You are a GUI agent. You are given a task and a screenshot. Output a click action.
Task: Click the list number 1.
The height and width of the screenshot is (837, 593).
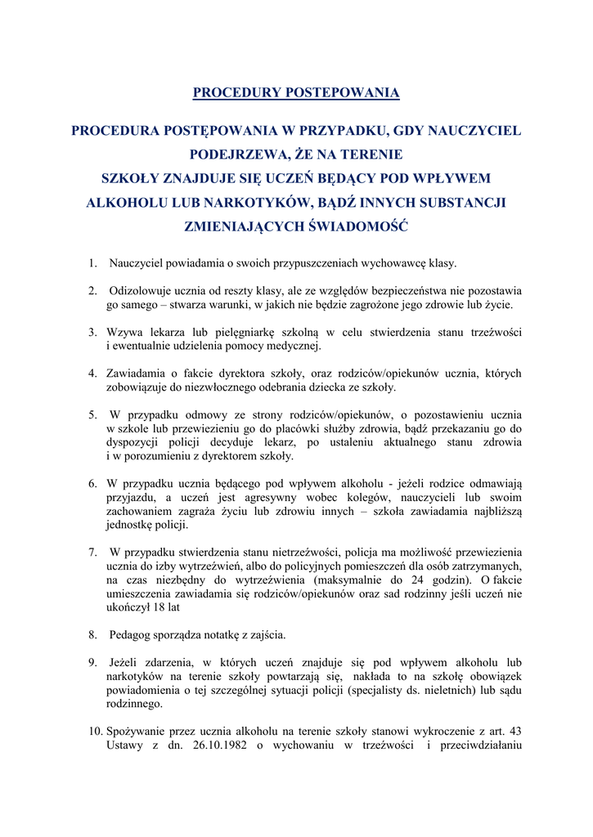pyautogui.click(x=92, y=263)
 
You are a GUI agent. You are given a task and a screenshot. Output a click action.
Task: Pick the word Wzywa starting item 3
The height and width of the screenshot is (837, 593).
pyautogui.click(x=124, y=332)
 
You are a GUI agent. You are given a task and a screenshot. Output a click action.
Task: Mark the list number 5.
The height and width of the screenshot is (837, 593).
pyautogui.click(x=92, y=414)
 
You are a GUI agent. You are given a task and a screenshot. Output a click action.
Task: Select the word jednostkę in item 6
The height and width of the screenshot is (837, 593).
pyautogui.click(x=130, y=526)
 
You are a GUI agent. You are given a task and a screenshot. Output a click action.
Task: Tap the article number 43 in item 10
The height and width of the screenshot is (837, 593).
pyautogui.click(x=514, y=732)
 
